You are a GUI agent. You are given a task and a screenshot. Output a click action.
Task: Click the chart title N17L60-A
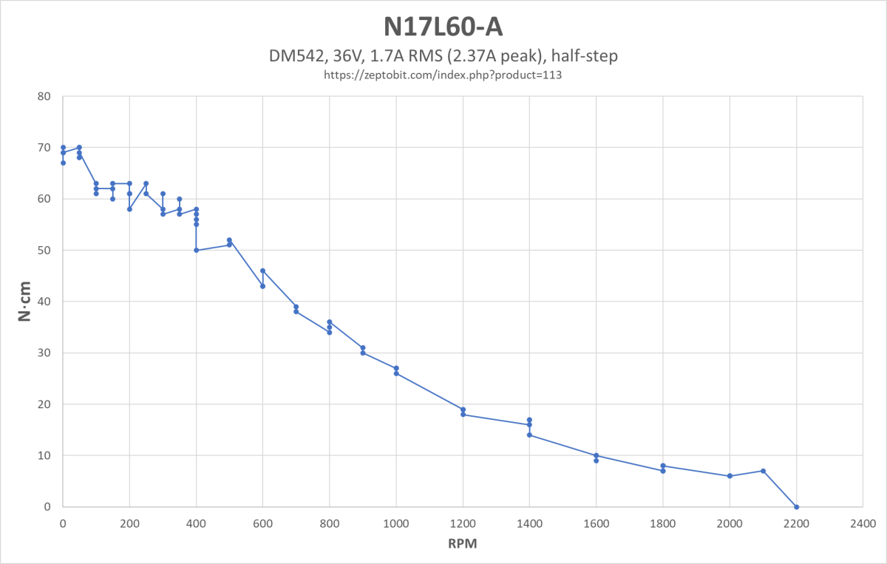click(x=443, y=27)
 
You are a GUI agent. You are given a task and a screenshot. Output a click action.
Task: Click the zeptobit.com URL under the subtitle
click(x=443, y=75)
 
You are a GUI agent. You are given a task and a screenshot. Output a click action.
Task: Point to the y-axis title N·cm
click(x=24, y=302)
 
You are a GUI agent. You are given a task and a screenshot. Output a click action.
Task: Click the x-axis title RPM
click(x=463, y=544)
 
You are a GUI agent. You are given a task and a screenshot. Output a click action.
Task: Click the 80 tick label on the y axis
click(x=46, y=96)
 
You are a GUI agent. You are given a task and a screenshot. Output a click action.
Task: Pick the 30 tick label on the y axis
click(x=46, y=353)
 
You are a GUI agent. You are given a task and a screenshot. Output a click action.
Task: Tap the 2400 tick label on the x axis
click(x=863, y=523)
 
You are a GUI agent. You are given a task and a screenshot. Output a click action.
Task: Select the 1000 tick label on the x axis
click(x=396, y=523)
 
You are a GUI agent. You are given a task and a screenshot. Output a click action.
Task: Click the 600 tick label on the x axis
click(x=262, y=523)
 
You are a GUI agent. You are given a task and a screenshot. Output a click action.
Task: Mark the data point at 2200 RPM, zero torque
click(x=796, y=507)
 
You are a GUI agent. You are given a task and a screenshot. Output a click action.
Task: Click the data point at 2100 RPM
click(x=763, y=471)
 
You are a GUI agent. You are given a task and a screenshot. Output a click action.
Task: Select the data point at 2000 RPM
click(x=730, y=476)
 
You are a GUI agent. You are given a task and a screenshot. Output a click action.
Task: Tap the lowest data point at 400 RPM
click(x=196, y=250)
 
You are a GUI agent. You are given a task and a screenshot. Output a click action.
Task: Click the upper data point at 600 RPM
click(x=262, y=271)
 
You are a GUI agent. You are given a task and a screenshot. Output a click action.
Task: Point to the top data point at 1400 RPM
click(x=529, y=420)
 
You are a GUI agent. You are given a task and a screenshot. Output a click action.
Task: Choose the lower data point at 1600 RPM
click(x=596, y=461)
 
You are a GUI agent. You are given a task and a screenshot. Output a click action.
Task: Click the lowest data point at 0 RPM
click(x=63, y=163)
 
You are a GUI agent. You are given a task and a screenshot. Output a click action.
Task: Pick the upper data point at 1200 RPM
click(x=463, y=410)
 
